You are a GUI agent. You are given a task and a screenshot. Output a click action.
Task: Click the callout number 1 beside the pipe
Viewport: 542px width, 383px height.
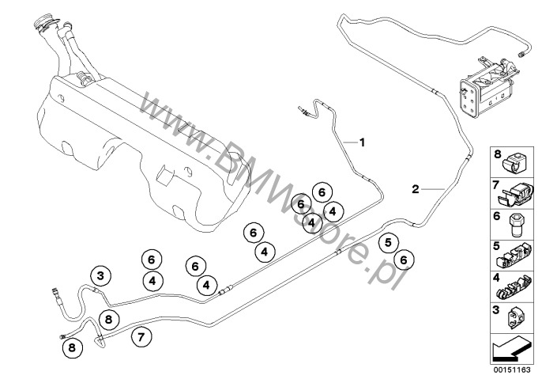point(362,142)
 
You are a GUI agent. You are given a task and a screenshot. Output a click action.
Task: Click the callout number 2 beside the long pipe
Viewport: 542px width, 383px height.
point(415,189)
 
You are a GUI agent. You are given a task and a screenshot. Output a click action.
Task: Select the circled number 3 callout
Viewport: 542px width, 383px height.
point(100,276)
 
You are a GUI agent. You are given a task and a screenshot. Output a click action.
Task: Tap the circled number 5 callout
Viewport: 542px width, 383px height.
point(388,243)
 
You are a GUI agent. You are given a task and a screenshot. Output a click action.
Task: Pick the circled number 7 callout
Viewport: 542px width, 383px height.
point(141,336)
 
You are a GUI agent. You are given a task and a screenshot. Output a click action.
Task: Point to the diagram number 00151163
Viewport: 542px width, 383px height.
point(512,370)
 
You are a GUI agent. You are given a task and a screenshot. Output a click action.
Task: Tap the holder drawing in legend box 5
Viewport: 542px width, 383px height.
point(514,257)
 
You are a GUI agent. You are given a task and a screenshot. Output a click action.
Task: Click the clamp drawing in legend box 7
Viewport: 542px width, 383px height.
point(514,193)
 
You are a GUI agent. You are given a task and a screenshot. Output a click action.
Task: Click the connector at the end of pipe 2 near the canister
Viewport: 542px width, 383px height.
point(521,53)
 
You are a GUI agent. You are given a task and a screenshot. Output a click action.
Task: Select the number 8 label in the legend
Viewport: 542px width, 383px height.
point(497,154)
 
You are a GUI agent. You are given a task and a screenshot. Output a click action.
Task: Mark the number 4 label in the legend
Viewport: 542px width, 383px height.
point(496,278)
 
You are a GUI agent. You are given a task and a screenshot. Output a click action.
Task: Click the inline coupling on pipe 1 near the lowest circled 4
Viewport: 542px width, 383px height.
point(224,291)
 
